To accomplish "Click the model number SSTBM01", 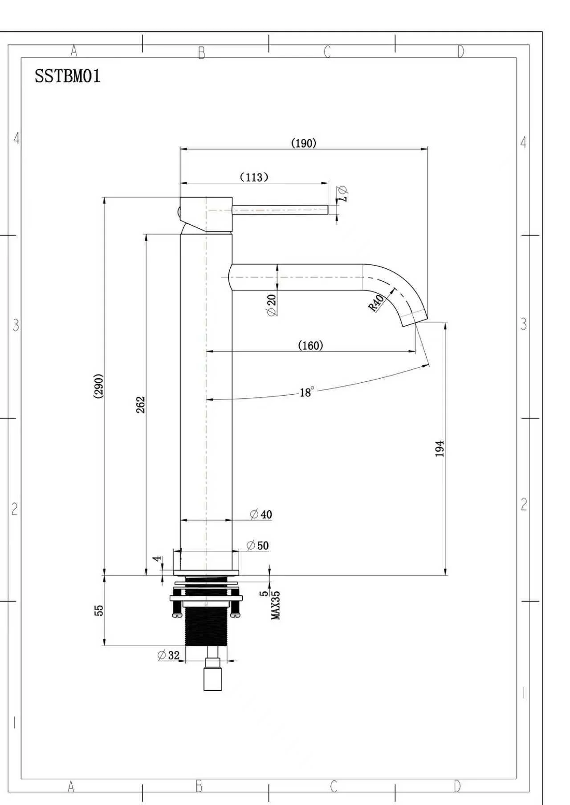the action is (x=68, y=76).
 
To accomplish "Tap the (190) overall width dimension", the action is (x=304, y=143).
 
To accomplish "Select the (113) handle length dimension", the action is (x=254, y=177).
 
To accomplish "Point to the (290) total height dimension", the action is (x=98, y=386).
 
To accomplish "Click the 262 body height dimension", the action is (x=141, y=405).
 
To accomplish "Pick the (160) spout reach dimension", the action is (x=310, y=345).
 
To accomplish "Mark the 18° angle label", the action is (x=307, y=392).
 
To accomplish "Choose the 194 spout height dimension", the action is (x=440, y=449).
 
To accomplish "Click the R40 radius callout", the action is (x=376, y=303).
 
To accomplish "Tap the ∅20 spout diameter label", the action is (x=271, y=305).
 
